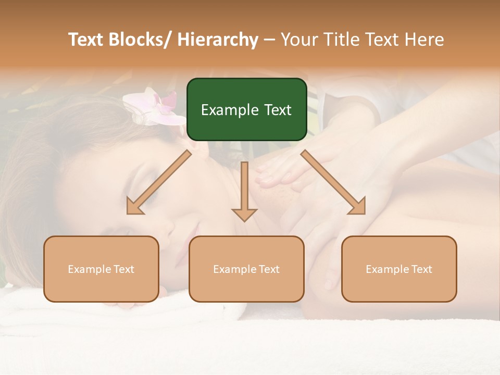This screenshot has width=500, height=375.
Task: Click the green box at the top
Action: [x=246, y=109]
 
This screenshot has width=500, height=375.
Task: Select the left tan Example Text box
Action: [x=101, y=269]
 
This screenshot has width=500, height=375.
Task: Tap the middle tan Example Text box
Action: [x=246, y=269]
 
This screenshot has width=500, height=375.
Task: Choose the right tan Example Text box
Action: [x=399, y=269]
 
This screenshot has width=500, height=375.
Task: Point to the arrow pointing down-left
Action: [x=159, y=182]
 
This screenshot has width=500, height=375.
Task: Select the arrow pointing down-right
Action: [x=333, y=182]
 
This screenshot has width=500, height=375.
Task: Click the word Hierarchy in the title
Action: [x=218, y=40]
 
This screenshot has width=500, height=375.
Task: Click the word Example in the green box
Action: [x=230, y=110]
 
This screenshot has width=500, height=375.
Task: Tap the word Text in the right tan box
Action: [x=421, y=269]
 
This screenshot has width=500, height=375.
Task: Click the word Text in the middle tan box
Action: [x=269, y=269]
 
